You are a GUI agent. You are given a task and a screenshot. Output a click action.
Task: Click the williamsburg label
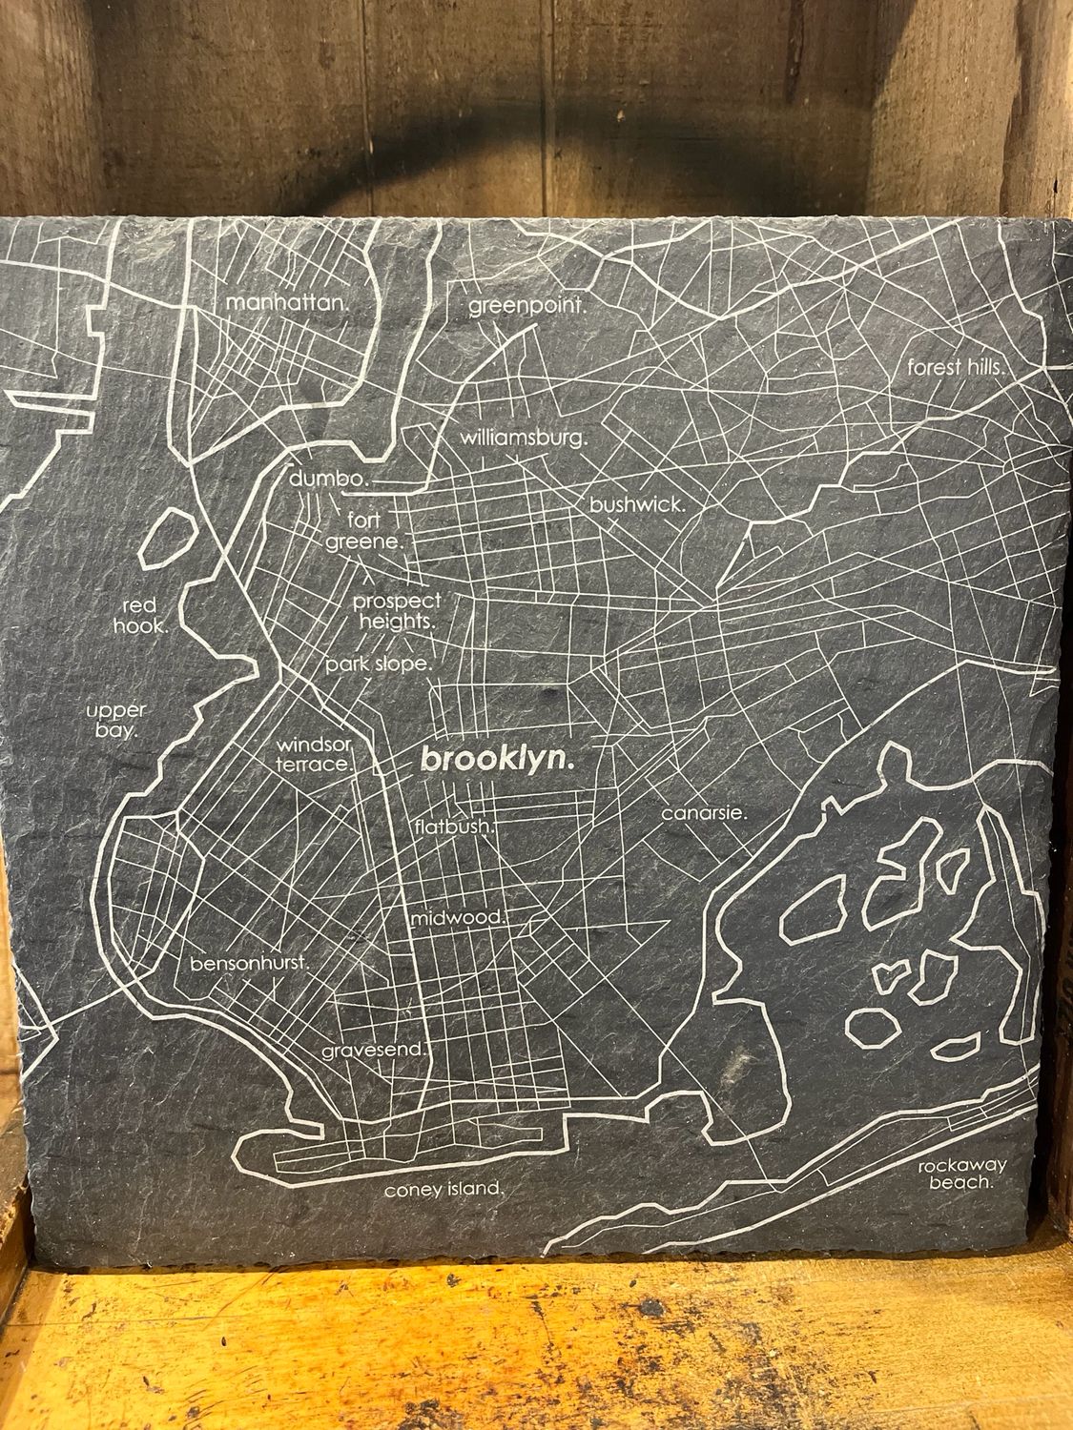click(x=524, y=439)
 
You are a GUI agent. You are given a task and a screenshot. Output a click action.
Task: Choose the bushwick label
click(x=637, y=505)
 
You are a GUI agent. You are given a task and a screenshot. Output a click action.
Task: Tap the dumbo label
click(x=328, y=479)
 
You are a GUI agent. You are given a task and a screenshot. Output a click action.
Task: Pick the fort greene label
click(x=367, y=531)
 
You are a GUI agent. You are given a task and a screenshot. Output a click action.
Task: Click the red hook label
click(x=142, y=616)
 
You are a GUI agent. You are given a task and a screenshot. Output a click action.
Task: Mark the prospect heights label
click(x=397, y=610)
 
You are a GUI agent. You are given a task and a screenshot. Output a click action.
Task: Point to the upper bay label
click(x=115, y=721)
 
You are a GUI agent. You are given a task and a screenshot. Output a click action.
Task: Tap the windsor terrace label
click(x=315, y=753)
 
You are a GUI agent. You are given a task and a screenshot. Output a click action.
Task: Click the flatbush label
click(x=454, y=827)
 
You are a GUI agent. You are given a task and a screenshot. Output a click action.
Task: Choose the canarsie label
click(x=704, y=813)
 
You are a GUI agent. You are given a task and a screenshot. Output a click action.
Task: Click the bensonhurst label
click(x=250, y=963)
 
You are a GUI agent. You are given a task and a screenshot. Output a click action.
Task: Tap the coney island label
click(x=443, y=1190)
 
